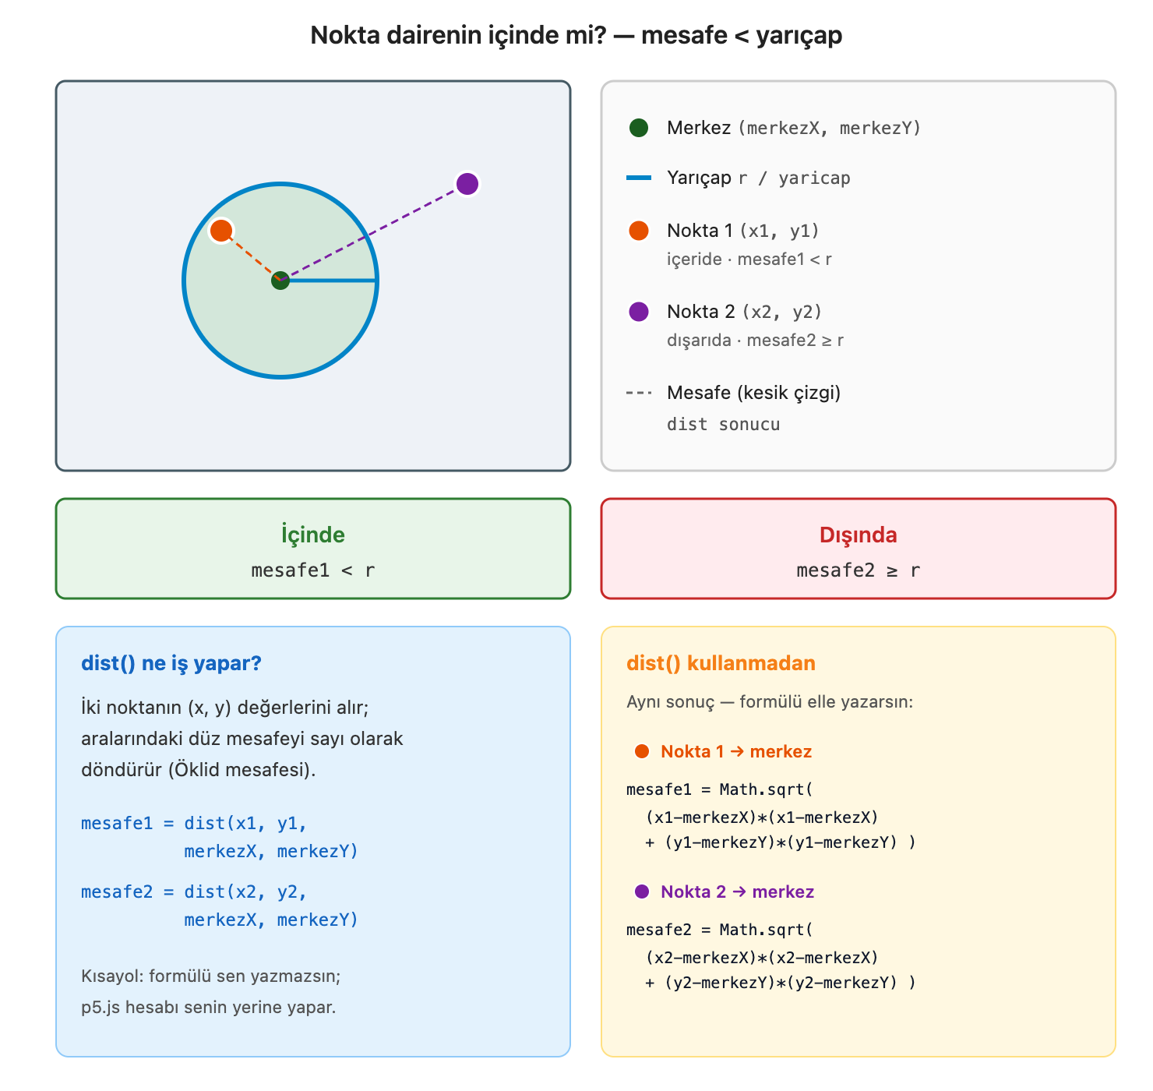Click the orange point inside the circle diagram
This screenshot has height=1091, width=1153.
(x=220, y=231)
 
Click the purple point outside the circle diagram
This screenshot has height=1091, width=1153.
(x=467, y=184)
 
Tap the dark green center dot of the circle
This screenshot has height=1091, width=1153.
(x=280, y=281)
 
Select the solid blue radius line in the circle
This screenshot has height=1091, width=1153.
(x=329, y=281)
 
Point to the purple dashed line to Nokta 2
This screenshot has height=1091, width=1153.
(x=374, y=232)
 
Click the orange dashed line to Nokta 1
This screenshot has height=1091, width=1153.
(x=250, y=256)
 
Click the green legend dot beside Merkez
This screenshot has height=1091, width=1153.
(x=639, y=127)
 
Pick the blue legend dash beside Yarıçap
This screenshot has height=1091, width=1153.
(x=639, y=177)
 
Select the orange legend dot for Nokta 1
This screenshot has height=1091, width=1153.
(x=639, y=231)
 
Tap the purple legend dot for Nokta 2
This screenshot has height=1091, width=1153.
(x=639, y=312)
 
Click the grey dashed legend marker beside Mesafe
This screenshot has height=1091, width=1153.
(x=639, y=393)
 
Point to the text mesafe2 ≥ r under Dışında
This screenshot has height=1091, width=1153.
(x=858, y=570)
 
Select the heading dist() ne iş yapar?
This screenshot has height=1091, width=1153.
(x=171, y=663)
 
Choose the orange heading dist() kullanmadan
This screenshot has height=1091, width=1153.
(x=721, y=663)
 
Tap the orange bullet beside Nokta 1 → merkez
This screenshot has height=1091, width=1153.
(x=642, y=751)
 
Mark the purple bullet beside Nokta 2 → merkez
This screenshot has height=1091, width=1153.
(x=642, y=892)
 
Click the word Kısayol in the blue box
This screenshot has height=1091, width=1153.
(x=112, y=976)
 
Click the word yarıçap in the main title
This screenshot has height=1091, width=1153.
(x=799, y=36)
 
